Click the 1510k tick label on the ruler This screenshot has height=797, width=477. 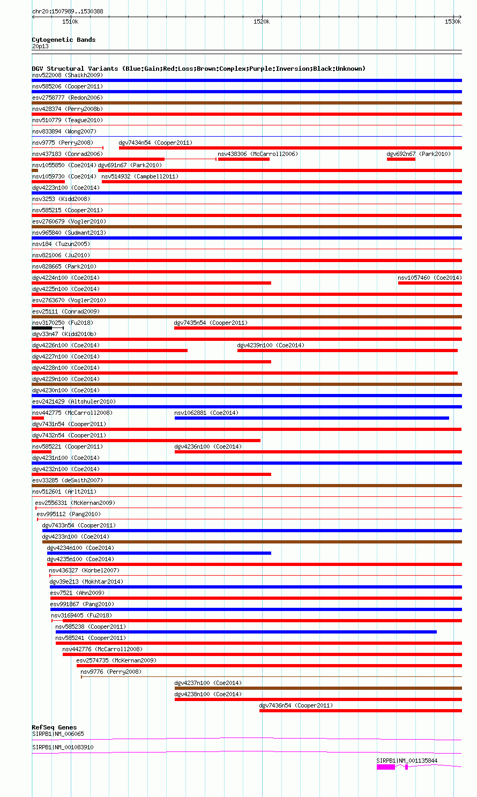coord(70,21)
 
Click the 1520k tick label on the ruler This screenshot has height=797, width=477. coord(262,21)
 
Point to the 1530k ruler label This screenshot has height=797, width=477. coord(452,21)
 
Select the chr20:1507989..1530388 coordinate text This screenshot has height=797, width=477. coord(68,11)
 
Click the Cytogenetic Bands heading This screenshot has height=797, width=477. coord(63,40)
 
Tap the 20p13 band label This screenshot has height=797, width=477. coord(40,46)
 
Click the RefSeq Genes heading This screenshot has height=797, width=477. coord(54,727)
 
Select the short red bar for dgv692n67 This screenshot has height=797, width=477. coord(401,159)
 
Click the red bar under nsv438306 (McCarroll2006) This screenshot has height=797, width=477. coord(244,159)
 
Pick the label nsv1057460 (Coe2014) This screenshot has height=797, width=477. coord(429,278)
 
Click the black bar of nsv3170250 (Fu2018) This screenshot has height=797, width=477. coord(42,327)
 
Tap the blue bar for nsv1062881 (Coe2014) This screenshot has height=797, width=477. coord(311,418)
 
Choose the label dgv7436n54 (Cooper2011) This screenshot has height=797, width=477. coord(295,705)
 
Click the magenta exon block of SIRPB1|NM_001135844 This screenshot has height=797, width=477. coord(385,767)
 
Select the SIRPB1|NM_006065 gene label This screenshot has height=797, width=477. coord(58,734)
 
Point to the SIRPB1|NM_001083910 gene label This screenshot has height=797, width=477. coord(63,747)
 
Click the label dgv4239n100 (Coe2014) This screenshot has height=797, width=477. coord(271,345)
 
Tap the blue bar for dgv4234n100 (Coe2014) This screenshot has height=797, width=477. coord(159,553)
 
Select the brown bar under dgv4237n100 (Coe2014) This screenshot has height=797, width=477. coord(318,688)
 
